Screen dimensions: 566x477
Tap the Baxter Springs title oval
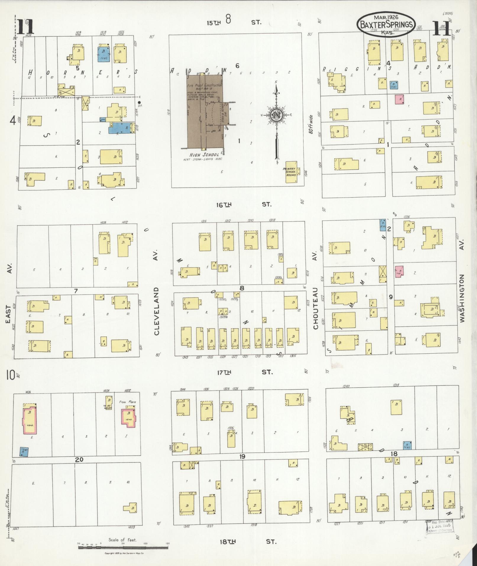point(386,24)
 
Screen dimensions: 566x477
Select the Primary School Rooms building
point(291,172)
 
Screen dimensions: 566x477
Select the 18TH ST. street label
point(248,542)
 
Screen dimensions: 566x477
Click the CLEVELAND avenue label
point(156,311)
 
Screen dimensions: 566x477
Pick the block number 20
point(79,459)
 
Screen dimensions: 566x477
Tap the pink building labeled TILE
point(399,271)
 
